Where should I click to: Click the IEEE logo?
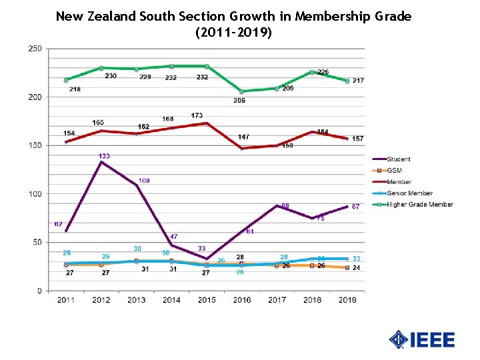422,339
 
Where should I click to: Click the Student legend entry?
398,159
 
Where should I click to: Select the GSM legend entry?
394,171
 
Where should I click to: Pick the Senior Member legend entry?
409,193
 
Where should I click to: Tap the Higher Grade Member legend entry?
419,205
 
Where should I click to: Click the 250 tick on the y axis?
35,49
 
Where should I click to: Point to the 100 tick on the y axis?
35,194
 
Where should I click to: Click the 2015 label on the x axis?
207,300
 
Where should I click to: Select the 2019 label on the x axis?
347,300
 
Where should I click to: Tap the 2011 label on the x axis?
66,300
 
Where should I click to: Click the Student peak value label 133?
104,156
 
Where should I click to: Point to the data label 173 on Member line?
197,116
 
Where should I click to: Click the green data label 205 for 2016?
239,101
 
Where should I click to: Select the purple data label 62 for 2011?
59,225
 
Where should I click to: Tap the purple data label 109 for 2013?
145,181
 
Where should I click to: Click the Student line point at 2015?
207,259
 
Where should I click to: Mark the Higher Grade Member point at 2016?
241,91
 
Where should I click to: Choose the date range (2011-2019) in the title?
233,31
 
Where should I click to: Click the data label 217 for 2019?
358,81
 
